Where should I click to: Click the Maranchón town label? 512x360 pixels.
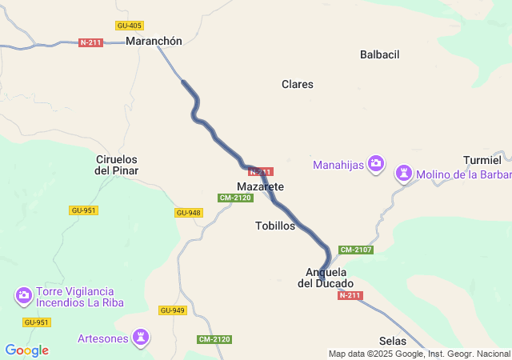pos(154,42)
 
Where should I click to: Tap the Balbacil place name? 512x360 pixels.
pos(379,55)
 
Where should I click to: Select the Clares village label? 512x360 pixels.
pos(298,84)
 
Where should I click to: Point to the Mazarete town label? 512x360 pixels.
pos(261,186)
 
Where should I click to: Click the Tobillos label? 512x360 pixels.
pos(275,226)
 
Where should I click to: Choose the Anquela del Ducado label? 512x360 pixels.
pos(326,277)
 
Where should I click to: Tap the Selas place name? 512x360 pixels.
pos(393,341)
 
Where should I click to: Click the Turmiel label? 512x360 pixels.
pos(482,160)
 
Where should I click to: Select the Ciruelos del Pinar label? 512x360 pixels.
pos(117,165)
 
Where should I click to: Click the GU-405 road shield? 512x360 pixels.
pos(129,26)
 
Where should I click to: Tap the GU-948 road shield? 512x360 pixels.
pos(187,213)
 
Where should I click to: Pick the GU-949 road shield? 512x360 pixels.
pos(172,310)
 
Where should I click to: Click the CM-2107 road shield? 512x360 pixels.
pos(356,250)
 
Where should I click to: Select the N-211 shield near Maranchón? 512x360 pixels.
pos(90,42)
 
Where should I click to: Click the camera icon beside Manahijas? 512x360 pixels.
pos(377,165)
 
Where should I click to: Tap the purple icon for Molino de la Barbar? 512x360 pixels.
pos(405,174)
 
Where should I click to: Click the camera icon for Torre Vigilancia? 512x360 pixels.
pos(24,296)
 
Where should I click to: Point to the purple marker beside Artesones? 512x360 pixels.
pos(142,338)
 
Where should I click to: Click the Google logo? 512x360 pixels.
pos(26,350)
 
